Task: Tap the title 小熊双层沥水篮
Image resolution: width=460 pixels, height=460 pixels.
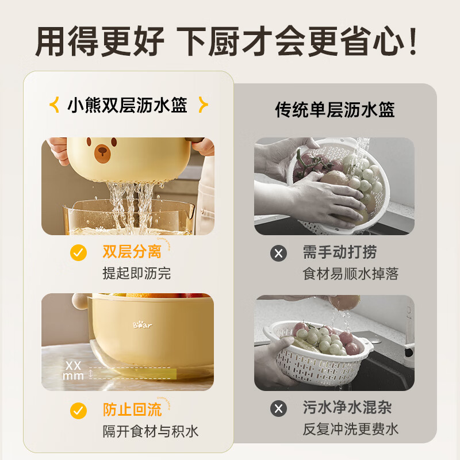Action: tap(128, 105)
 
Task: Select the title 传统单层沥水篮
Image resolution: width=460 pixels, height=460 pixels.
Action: tap(335, 109)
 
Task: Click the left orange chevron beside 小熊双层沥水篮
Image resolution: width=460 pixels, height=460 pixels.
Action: tap(55, 105)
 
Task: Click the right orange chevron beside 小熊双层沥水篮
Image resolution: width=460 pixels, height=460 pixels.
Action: tap(202, 105)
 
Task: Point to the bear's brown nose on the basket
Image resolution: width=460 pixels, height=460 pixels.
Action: tap(102, 151)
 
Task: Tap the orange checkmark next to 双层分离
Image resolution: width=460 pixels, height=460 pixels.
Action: tap(78, 252)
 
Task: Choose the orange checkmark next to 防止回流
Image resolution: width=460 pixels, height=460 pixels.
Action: tap(78, 410)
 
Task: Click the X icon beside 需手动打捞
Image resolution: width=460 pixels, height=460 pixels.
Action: tap(278, 252)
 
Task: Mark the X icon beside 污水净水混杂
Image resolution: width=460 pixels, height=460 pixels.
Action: tap(278, 408)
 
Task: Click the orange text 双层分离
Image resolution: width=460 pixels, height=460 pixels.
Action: tap(131, 252)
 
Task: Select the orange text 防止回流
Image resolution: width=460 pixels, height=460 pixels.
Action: tap(131, 409)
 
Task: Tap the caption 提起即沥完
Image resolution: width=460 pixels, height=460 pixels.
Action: tap(137, 273)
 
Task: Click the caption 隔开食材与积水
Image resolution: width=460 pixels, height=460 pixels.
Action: tap(151, 431)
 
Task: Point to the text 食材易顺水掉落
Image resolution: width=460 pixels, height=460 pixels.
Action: tap(350, 274)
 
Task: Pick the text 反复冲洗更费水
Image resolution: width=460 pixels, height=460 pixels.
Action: tap(350, 429)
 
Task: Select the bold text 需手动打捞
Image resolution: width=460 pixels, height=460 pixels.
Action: tap(340, 252)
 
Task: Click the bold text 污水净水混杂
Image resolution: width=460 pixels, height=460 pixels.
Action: tap(347, 408)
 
